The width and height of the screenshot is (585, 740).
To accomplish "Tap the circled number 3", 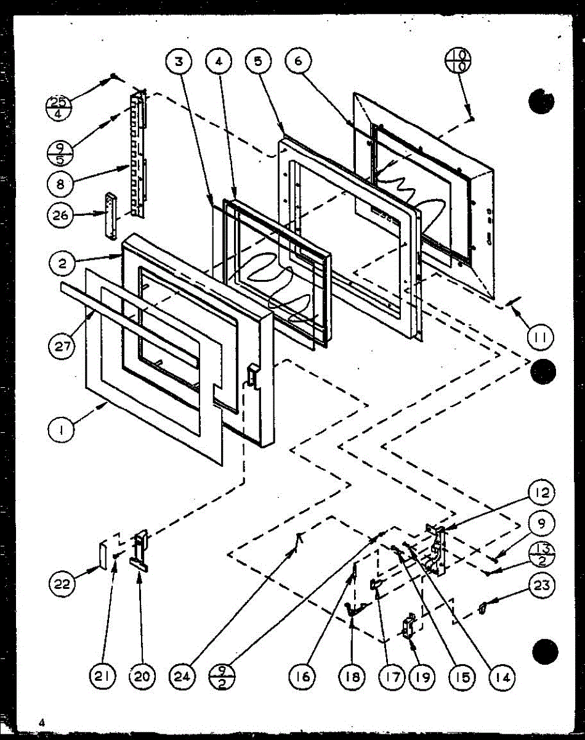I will [x=179, y=62].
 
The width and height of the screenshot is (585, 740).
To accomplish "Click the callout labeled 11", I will [x=540, y=337].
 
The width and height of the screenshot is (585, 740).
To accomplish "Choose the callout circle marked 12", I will [x=540, y=493].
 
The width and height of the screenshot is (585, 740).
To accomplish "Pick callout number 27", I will [x=61, y=347].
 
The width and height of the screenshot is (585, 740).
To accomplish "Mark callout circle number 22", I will [x=62, y=583].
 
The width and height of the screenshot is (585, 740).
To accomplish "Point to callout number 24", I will [x=185, y=678].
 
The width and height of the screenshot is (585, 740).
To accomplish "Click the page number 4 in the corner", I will [x=41, y=722].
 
